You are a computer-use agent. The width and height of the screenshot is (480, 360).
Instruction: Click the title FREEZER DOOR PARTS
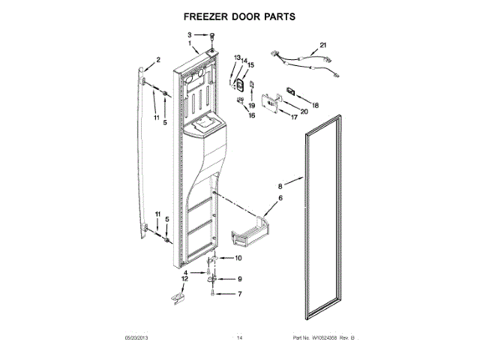[240, 15]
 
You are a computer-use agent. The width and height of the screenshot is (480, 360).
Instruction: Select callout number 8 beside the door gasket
[280, 184]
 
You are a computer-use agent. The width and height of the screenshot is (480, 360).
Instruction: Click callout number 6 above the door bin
[280, 198]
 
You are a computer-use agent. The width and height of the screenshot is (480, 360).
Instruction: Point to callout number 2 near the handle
[158, 60]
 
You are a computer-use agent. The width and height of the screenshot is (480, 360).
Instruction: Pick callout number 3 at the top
[190, 34]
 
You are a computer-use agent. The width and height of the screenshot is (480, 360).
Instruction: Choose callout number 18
[315, 105]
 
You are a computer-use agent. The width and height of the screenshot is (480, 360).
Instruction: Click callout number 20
[304, 112]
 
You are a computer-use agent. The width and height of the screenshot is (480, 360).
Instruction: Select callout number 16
[252, 116]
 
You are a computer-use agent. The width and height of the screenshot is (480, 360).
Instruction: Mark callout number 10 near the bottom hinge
[238, 259]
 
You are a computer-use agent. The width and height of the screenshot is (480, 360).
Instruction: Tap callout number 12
[184, 280]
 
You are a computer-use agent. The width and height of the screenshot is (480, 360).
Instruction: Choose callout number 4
[196, 272]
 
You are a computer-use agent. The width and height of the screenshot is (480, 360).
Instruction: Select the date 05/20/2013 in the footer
[133, 338]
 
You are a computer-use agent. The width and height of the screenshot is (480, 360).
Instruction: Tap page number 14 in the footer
[240, 338]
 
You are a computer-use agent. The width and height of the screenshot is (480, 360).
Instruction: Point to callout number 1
[190, 44]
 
